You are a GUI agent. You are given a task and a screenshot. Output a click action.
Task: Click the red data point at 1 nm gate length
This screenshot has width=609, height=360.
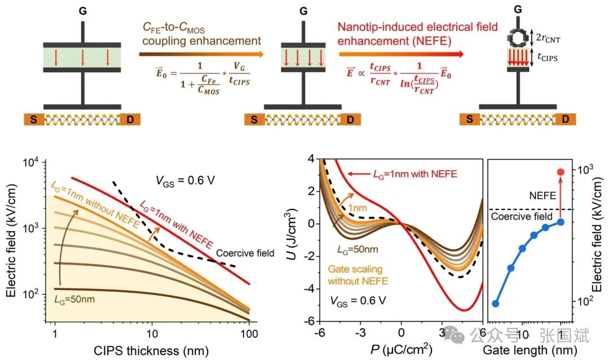(561, 172)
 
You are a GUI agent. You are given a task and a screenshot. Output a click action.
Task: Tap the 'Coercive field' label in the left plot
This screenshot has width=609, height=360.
(245, 253)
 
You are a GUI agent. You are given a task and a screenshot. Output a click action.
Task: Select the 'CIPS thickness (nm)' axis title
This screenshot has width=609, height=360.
(152, 350)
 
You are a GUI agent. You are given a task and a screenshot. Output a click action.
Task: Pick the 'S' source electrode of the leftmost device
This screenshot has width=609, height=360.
(33, 120)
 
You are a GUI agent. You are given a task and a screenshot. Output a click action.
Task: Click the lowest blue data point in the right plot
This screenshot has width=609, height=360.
(496, 304)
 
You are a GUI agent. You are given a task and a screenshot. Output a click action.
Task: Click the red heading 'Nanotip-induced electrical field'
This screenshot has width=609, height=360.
(417, 27)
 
